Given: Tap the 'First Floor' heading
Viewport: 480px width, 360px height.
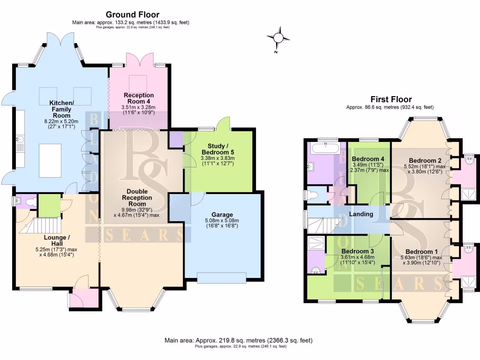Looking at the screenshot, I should (391, 99).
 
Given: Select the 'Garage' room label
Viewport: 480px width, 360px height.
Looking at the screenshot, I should (222, 215).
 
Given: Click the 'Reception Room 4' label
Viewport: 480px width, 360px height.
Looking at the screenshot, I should (138, 98).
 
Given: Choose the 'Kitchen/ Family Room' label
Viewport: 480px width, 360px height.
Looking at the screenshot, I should (61, 109).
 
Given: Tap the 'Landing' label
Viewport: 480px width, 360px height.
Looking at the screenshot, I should (360, 214).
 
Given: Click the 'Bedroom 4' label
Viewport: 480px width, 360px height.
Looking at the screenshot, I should (367, 158).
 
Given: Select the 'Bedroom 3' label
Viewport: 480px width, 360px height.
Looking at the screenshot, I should (357, 251).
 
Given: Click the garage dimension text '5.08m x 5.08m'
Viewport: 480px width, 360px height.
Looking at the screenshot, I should (222, 221).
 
